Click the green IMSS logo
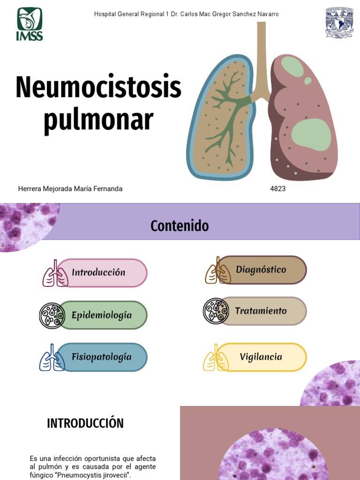coord(30,24)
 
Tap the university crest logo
coord(339,22)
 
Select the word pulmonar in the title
coord(98,120)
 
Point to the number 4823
coord(277,189)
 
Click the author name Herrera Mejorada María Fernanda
coord(70,189)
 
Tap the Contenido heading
coord(180,226)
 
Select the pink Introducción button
coord(102,273)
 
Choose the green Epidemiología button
coord(103,315)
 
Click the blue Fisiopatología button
coord(102,357)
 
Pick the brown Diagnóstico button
coord(262,270)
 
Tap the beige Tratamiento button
coord(262,311)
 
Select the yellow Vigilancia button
coord(261,357)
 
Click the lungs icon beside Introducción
coord(55,273)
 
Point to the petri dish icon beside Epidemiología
coord(52,315)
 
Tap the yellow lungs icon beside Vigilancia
coord(216,358)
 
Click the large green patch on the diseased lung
coord(311,135)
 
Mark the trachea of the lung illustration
coord(261,58)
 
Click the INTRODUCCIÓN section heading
coord(85,423)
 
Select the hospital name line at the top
coord(187,14)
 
